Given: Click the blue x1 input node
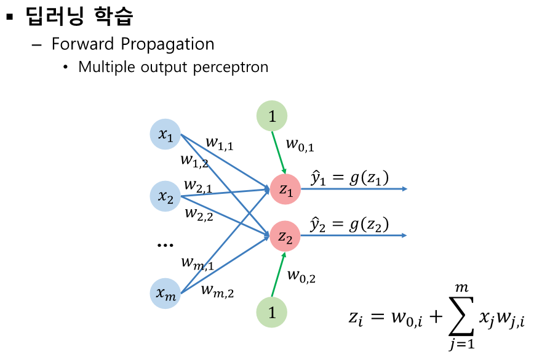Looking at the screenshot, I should point(165,135).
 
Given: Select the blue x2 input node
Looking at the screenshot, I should point(165,196).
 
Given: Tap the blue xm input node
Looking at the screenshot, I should point(165,293).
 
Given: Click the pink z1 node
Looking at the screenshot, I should point(285,190).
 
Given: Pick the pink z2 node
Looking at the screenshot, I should point(285,235).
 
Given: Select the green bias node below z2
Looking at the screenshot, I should point(272,312).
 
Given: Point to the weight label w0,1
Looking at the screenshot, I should point(301,145).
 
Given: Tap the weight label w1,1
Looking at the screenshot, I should point(220,143).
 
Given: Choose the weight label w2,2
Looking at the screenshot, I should point(199,214).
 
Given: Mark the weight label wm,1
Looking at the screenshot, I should point(197,263).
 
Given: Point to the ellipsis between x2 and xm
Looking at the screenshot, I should point(165,245).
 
